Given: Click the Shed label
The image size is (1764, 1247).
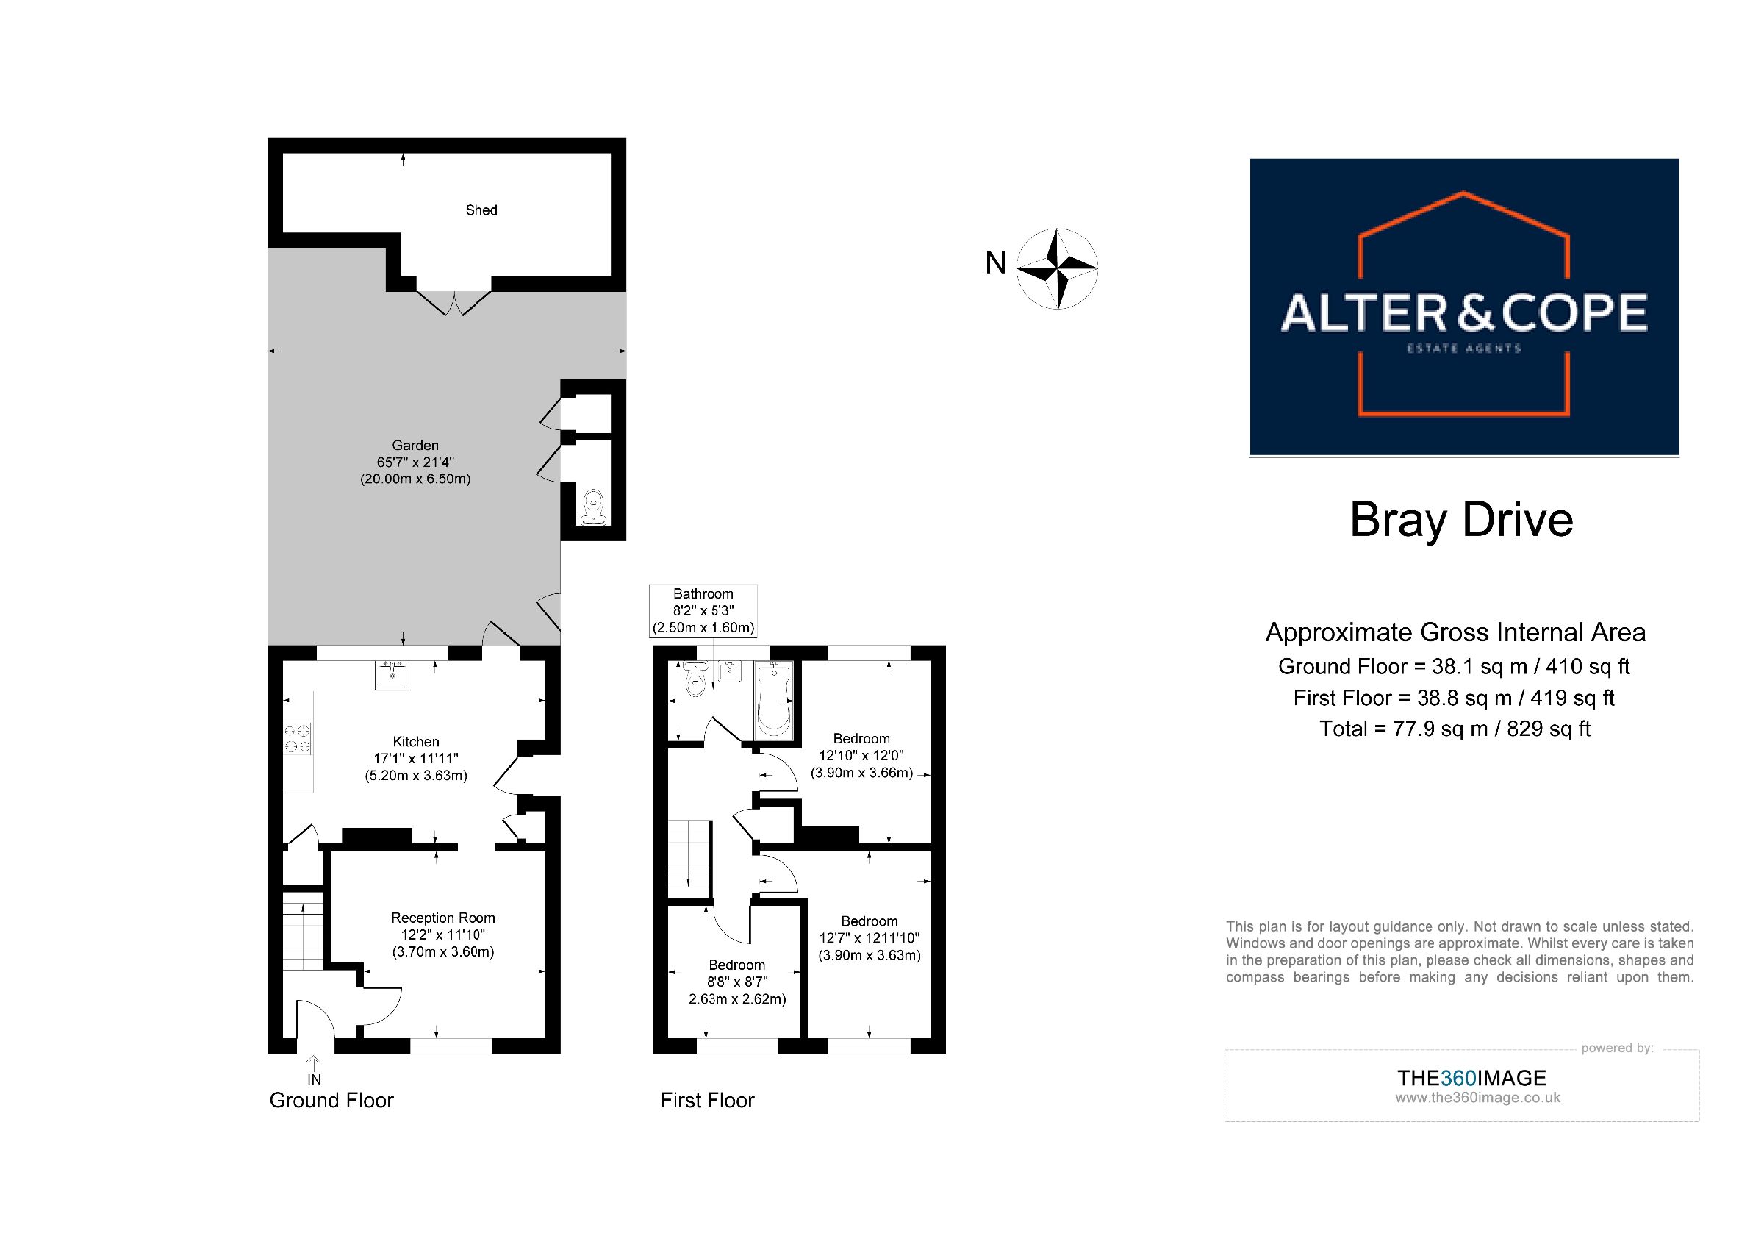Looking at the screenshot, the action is (481, 210).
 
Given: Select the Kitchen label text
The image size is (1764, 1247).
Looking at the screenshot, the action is (416, 741).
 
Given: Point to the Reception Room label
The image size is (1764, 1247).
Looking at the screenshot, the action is (442, 918).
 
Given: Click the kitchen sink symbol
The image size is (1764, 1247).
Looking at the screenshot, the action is (392, 674).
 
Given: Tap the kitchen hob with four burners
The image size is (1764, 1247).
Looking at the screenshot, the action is (298, 738).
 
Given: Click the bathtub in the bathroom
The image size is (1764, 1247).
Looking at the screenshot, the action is (774, 699).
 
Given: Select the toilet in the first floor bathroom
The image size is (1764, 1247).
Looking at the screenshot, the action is (695, 679).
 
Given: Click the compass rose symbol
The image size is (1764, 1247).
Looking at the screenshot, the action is (1057, 268).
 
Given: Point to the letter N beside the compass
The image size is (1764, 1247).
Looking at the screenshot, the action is (996, 263).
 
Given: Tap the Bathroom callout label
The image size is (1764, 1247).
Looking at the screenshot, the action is (703, 611).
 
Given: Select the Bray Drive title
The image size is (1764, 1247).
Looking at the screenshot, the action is (1461, 519).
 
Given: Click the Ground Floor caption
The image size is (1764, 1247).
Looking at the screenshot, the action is (331, 1100).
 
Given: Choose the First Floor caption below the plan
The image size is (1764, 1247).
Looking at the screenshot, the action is (708, 1100).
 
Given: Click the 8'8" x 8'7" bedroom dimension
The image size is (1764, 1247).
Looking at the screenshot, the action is (737, 982).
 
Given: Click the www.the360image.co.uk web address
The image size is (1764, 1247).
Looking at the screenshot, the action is (1477, 1098).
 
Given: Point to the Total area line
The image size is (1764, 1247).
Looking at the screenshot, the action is (1455, 729).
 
